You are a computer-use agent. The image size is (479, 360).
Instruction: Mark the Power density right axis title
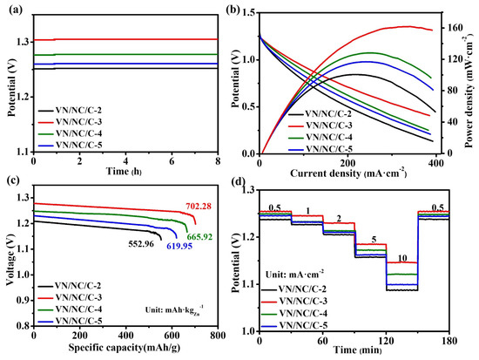tap(469, 78)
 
